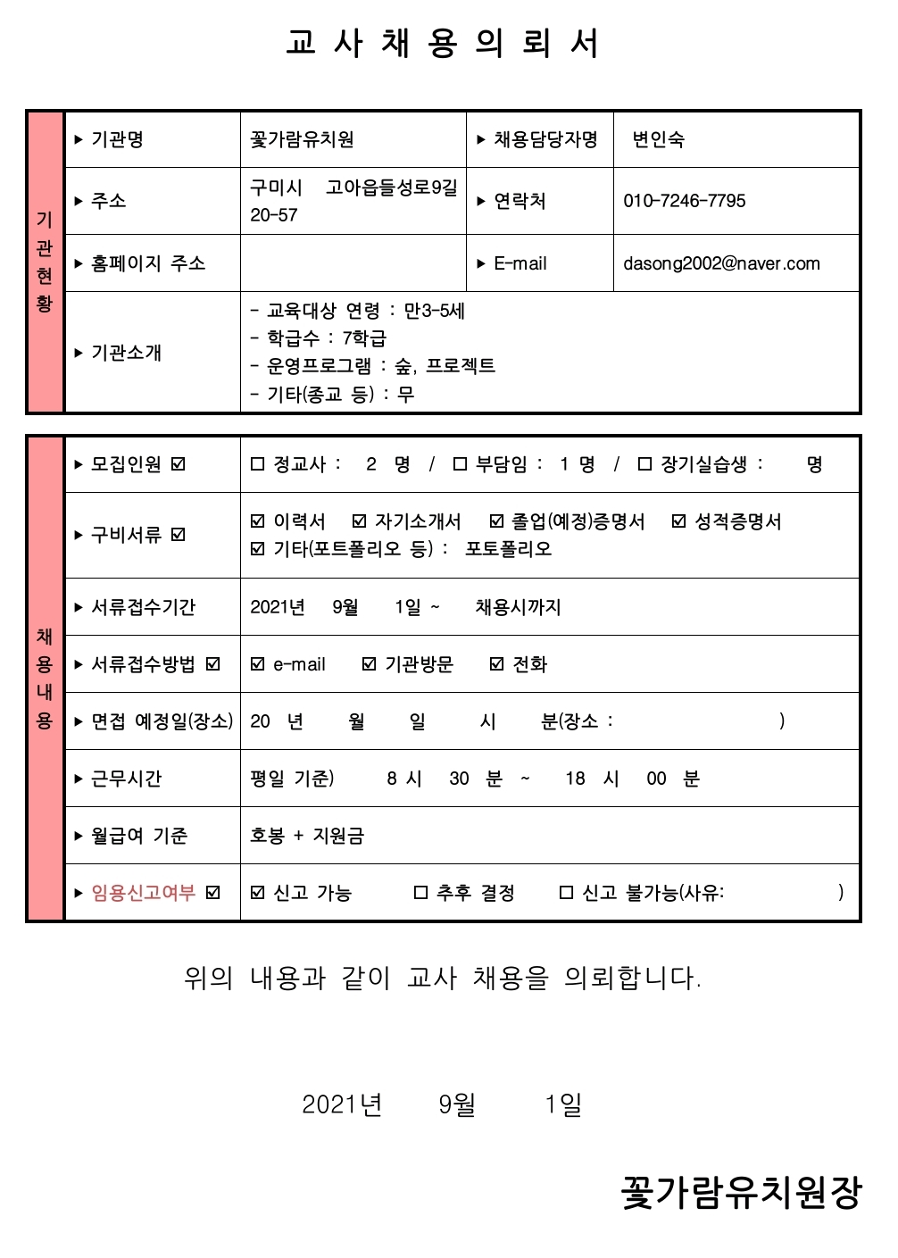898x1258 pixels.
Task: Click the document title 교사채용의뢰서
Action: click(x=443, y=43)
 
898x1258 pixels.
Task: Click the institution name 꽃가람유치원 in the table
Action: click(x=302, y=139)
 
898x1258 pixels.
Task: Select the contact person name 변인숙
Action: click(x=658, y=139)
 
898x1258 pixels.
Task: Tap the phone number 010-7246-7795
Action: click(x=684, y=201)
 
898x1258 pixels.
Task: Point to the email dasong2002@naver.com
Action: click(x=721, y=263)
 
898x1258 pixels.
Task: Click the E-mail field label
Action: click(x=520, y=263)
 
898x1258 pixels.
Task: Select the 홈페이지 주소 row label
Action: click(x=148, y=263)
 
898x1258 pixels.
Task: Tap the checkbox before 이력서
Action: click(x=258, y=521)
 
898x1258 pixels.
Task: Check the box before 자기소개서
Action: click(x=360, y=521)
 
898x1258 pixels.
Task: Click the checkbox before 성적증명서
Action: click(x=679, y=521)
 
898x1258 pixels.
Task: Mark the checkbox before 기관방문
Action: click(x=370, y=664)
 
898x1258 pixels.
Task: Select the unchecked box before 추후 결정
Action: click(x=421, y=893)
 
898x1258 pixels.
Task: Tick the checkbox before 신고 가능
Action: click(x=258, y=893)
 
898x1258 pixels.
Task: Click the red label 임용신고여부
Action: click(x=143, y=893)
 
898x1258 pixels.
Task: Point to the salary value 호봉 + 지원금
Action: click(x=307, y=836)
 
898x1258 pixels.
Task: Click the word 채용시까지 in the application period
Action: click(x=518, y=607)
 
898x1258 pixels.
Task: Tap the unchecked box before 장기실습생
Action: click(x=644, y=464)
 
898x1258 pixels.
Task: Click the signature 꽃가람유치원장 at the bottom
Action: click(x=741, y=1193)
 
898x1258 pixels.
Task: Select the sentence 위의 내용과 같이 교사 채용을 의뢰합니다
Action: click(x=443, y=979)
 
